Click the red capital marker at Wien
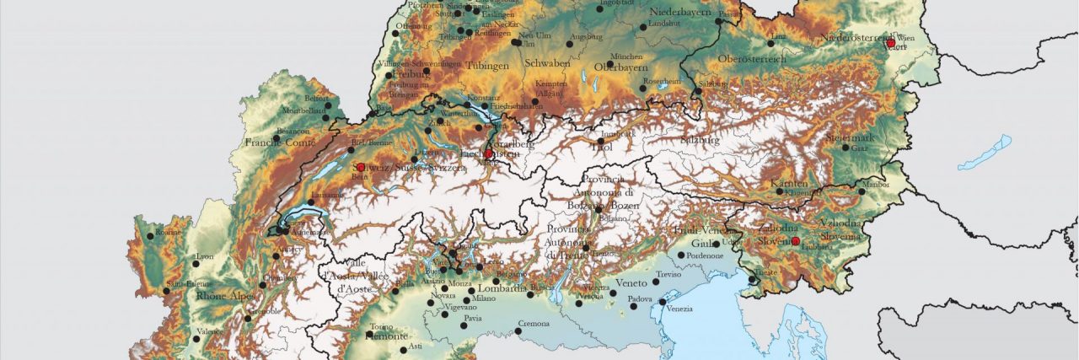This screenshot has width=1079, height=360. (891, 42)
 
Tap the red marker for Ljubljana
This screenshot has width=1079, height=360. (795, 241)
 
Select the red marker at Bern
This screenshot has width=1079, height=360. (362, 167)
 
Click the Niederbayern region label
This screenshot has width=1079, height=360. (680, 13)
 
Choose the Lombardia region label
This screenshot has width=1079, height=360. (502, 287)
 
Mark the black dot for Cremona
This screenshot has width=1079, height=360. (518, 330)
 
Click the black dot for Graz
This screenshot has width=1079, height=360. (845, 148)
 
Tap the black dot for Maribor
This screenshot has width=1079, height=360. (862, 191)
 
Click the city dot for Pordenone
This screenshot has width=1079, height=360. (681, 255)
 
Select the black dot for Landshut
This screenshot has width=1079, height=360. (643, 27)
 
